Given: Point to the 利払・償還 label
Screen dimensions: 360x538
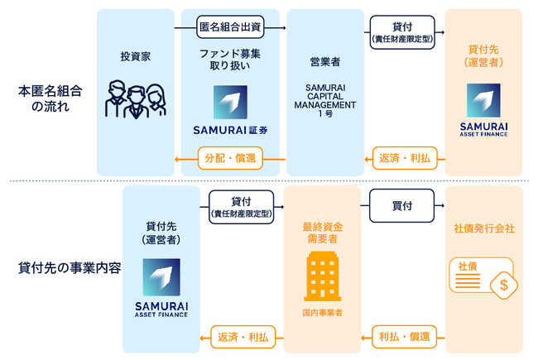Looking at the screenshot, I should pyautogui.click(x=401, y=337).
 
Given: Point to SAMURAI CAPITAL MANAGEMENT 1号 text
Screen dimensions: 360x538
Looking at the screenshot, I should pyautogui.click(x=324, y=99).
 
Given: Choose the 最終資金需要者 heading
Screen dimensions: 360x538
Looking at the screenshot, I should pyautogui.click(x=323, y=232).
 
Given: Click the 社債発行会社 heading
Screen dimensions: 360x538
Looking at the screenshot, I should pyautogui.click(x=484, y=228).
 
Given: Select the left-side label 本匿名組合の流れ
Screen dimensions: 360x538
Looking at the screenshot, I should pyautogui.click(x=46, y=97).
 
